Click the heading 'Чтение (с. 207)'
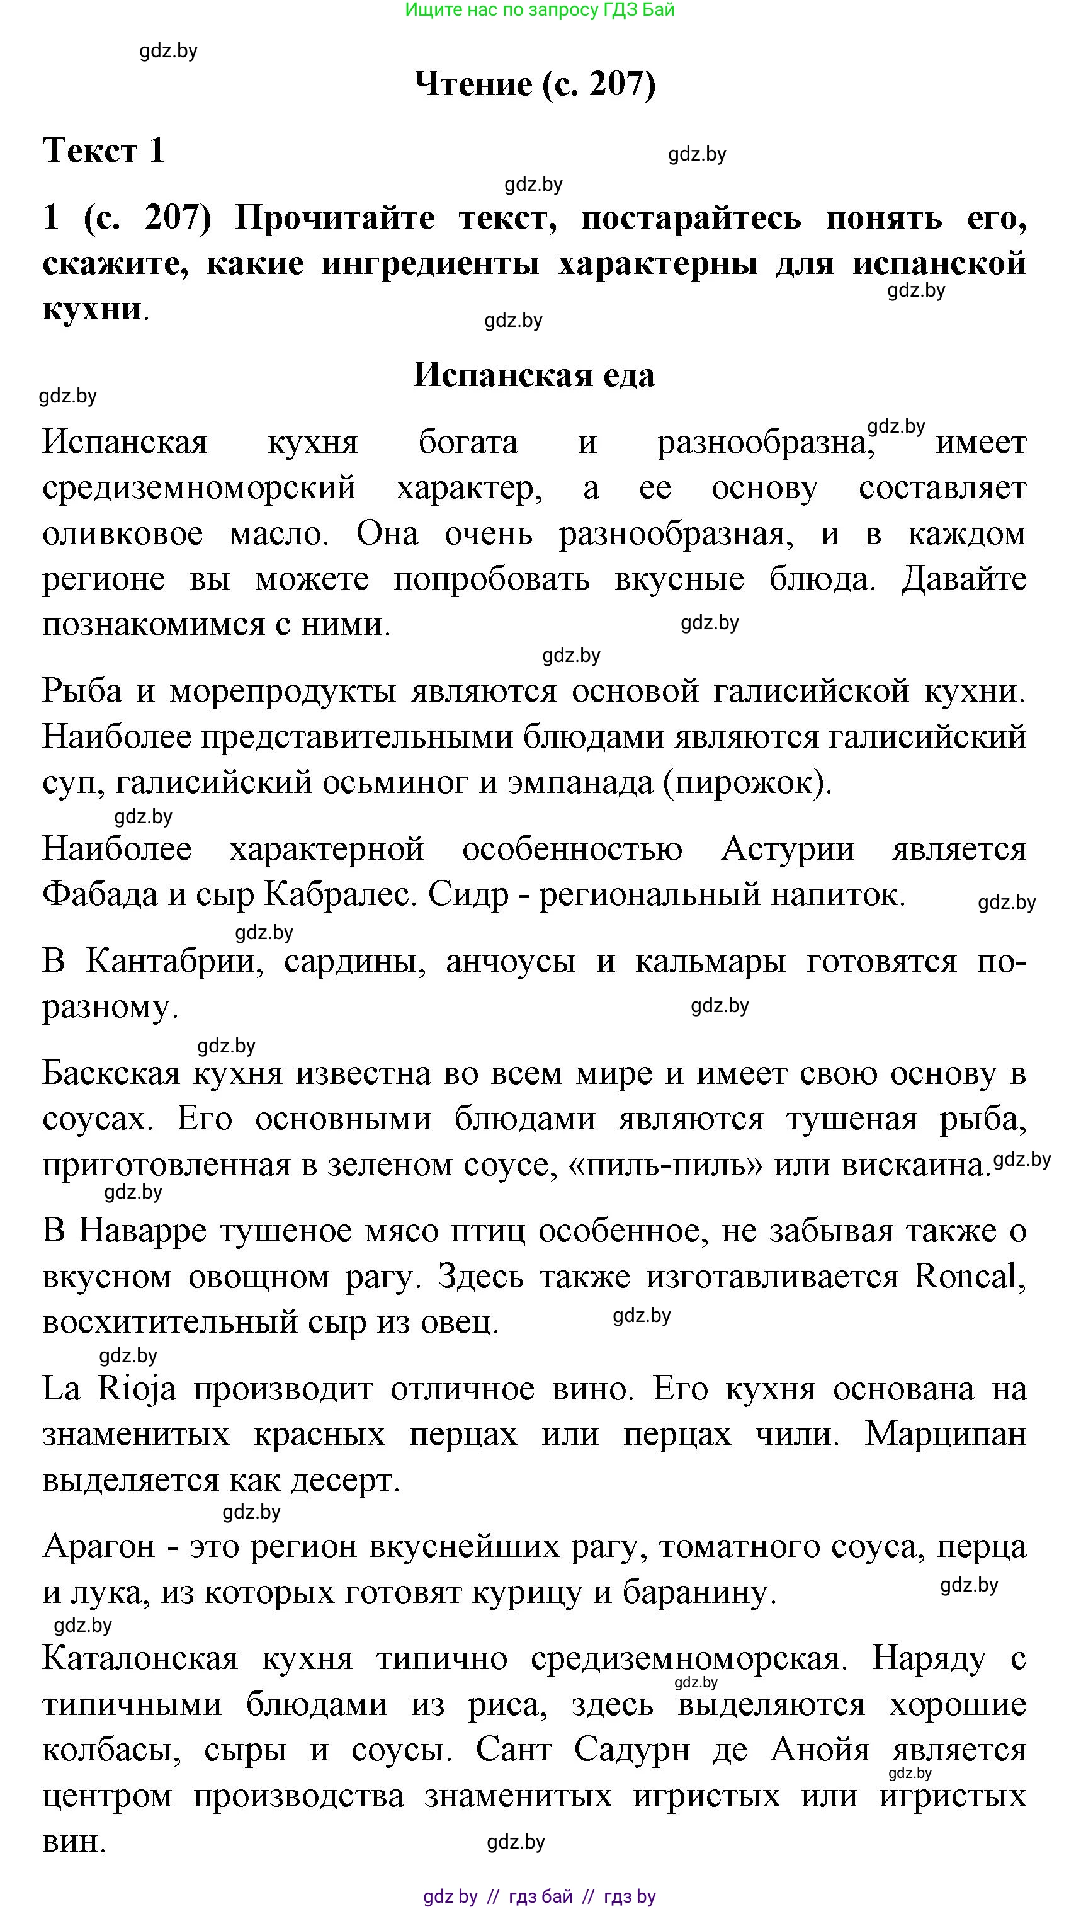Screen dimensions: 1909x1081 pos(535,84)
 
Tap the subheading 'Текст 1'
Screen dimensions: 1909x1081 pos(103,151)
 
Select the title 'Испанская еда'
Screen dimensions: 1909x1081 pos(534,375)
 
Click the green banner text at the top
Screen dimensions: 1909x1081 pos(540,11)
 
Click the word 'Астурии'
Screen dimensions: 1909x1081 pos(788,849)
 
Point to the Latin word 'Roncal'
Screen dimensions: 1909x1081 pos(968,1277)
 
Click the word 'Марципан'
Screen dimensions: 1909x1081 pos(945,1433)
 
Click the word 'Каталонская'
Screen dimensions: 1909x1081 pos(140,1659)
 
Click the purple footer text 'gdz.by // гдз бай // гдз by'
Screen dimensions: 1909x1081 pos(540,1896)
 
